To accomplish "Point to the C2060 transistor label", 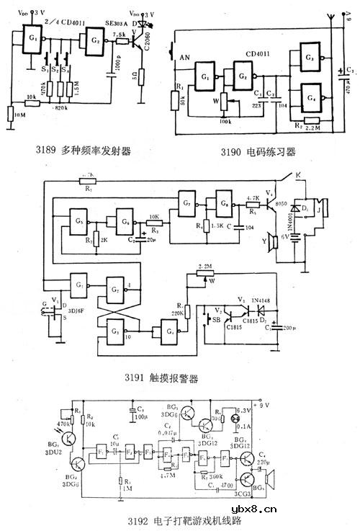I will tap(148, 48).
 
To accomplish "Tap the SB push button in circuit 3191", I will tap(213, 318).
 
